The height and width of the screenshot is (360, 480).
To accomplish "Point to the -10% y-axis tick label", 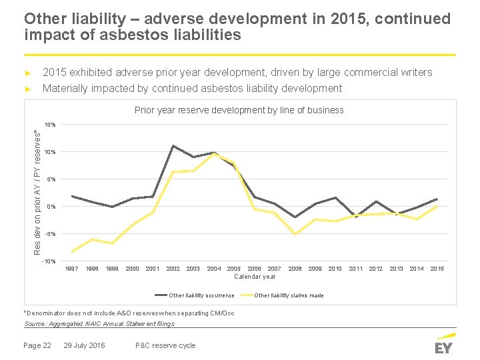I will pyautogui.click(x=49, y=261).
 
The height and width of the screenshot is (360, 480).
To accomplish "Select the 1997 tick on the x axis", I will pyautogui.click(x=71, y=269).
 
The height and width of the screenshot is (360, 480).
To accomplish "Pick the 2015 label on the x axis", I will pyautogui.click(x=437, y=269).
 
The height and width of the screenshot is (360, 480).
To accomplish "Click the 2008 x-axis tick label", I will pyautogui.click(x=295, y=269).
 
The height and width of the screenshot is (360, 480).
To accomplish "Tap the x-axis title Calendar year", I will pyautogui.click(x=255, y=277).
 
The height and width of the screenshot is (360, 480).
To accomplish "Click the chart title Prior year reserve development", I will pyautogui.click(x=239, y=110).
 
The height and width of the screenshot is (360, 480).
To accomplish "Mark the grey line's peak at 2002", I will pyautogui.click(x=173, y=146).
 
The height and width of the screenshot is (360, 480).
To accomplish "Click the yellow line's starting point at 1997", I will pyautogui.click(x=72, y=251).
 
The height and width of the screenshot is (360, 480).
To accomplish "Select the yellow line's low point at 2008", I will pyautogui.click(x=295, y=234).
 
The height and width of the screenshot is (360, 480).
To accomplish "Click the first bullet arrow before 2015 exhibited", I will pyautogui.click(x=28, y=73).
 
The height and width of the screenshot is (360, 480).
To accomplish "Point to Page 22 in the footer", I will pyautogui.click(x=37, y=345).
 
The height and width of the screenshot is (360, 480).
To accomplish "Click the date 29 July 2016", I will pyautogui.click(x=84, y=345).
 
